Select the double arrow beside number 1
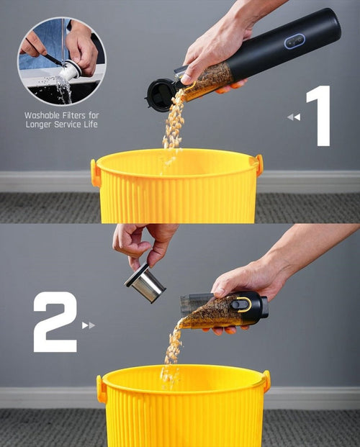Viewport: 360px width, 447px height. (293, 117)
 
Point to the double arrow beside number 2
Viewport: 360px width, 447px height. (89, 325)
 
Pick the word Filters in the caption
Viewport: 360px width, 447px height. (77, 115)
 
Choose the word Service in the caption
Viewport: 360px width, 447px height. (72, 125)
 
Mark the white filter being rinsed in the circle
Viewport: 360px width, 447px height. (69, 71)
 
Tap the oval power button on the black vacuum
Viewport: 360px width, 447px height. (294, 41)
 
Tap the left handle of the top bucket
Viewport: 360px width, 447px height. (95, 173)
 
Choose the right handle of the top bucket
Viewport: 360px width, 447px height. (258, 165)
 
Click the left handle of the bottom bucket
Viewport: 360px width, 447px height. (102, 389)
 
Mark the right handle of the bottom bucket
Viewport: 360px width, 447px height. (266, 381)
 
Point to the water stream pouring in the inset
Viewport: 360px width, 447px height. (64, 91)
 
